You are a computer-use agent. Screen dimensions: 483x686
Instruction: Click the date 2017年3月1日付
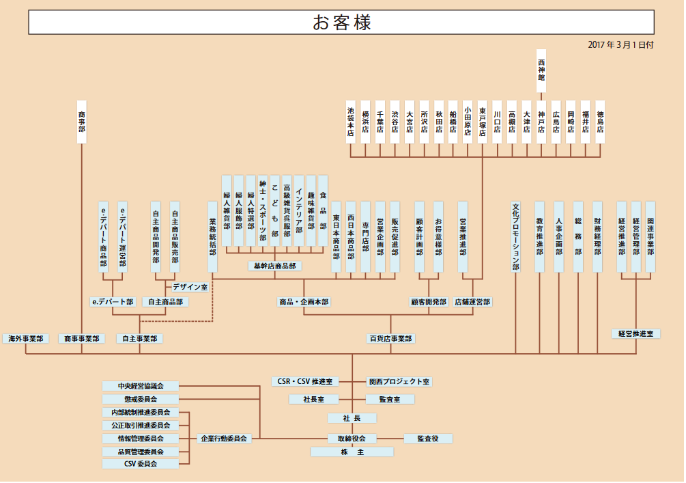(x=620, y=44)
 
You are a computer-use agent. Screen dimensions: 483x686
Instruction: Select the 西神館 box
(x=541, y=70)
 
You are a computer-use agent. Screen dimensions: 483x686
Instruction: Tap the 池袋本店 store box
(x=351, y=122)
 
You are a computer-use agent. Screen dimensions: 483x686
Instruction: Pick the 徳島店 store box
(x=600, y=122)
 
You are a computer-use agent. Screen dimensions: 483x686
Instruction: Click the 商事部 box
(x=82, y=122)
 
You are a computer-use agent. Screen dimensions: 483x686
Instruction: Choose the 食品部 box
(x=323, y=210)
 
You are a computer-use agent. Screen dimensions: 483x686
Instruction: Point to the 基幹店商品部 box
(x=274, y=266)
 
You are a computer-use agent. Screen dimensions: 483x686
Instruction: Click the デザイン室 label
(x=190, y=288)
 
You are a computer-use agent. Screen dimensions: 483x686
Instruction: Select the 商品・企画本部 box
(x=304, y=301)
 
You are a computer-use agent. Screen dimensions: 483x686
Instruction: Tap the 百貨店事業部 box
(x=390, y=338)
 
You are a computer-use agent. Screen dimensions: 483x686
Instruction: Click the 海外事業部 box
(x=25, y=338)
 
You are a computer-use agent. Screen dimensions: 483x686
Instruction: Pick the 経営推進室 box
(x=635, y=333)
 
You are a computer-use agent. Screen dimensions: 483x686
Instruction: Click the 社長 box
(x=352, y=417)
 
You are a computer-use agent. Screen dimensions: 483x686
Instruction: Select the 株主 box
(x=352, y=452)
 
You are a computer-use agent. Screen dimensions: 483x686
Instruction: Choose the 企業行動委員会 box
(x=224, y=438)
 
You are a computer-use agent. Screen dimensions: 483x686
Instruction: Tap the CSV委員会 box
(x=141, y=464)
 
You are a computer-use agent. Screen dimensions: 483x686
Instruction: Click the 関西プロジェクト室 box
(x=399, y=381)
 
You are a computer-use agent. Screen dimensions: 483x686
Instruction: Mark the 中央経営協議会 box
(x=141, y=386)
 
